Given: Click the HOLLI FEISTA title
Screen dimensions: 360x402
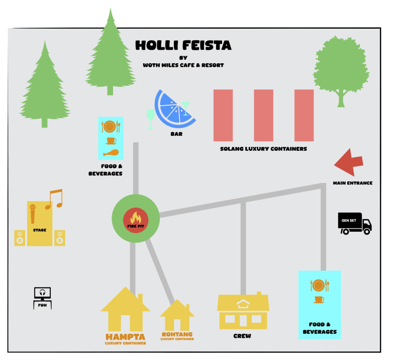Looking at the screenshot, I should point(183,46).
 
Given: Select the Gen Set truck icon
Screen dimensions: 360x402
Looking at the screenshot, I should point(355,223).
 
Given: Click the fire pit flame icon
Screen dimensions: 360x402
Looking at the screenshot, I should point(135,218).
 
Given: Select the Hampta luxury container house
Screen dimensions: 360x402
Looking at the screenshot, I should point(125,308).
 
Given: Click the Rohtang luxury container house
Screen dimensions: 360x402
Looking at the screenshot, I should point(177,316).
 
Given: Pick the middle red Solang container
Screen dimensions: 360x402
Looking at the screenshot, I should point(263,115).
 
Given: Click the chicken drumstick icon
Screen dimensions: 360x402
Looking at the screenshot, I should point(111,153).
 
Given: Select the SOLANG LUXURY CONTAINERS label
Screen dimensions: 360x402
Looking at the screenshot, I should point(263,149).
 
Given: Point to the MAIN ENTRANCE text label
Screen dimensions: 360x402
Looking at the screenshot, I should point(353,183).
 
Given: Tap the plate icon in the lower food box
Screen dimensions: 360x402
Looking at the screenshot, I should point(319,286).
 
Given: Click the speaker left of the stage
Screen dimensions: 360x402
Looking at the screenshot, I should point(20,237).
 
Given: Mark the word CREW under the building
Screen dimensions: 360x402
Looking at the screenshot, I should point(242,336).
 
